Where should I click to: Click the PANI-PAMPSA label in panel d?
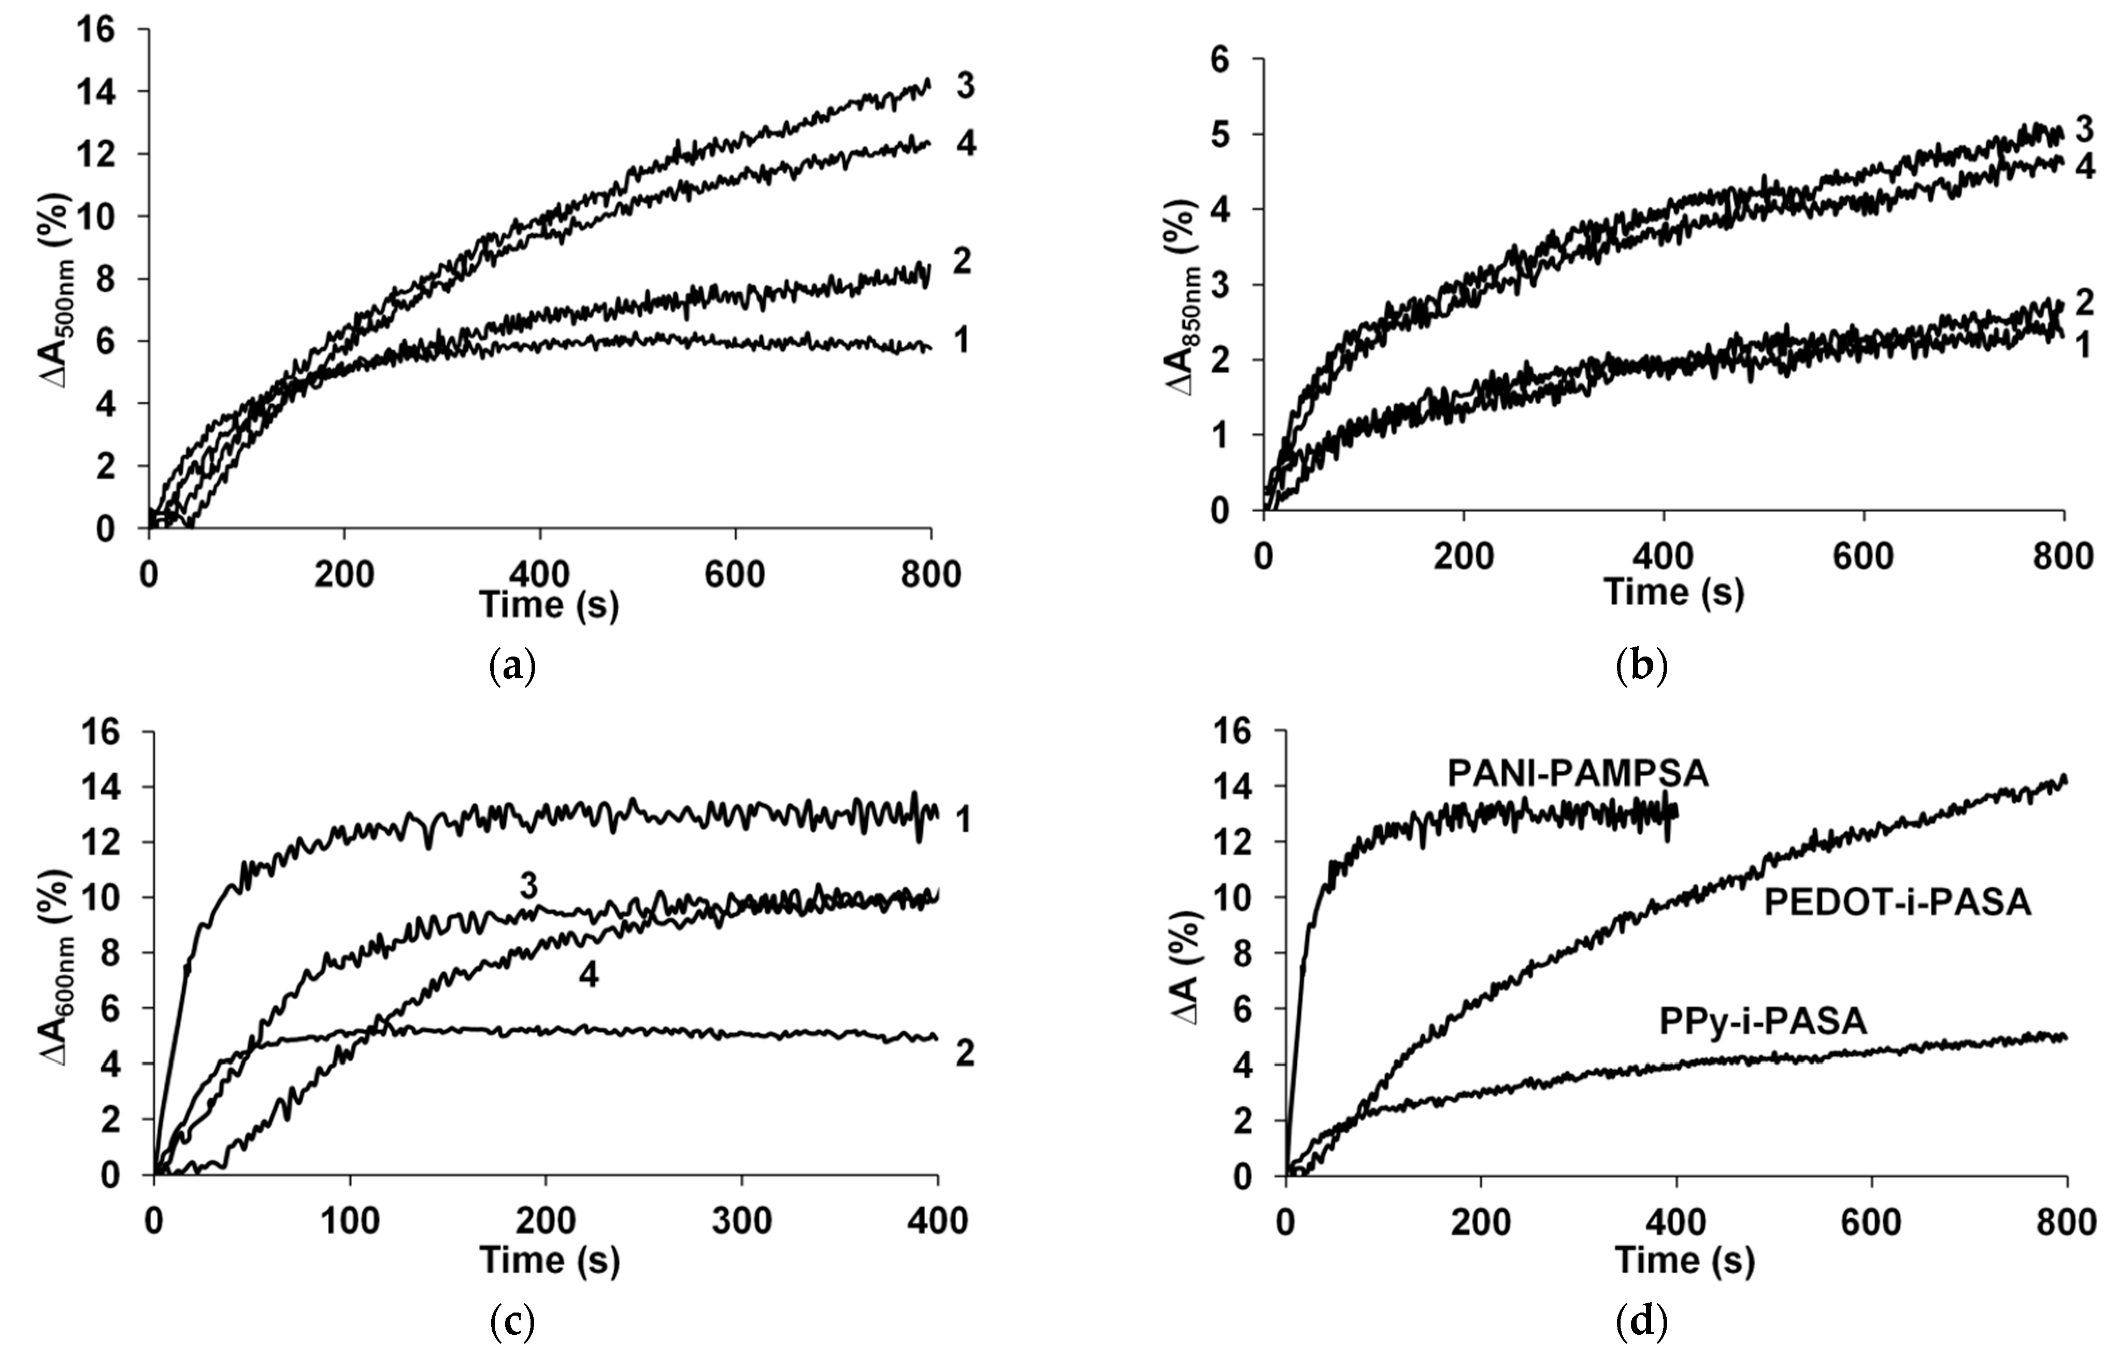[1578, 774]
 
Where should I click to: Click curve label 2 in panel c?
[965, 1054]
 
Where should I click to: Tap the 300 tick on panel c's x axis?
[742, 1222]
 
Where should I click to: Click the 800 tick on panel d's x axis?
[2067, 1222]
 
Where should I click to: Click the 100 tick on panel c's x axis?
[350, 1222]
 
